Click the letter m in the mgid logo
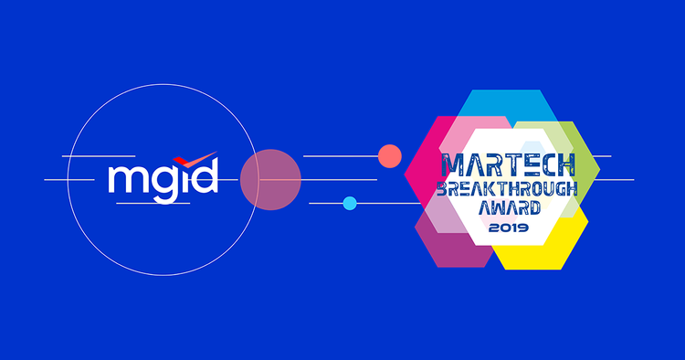pos(126,180)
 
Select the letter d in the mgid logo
pos(205,176)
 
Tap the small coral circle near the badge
pos(390,156)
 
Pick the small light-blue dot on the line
pos(350,203)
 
